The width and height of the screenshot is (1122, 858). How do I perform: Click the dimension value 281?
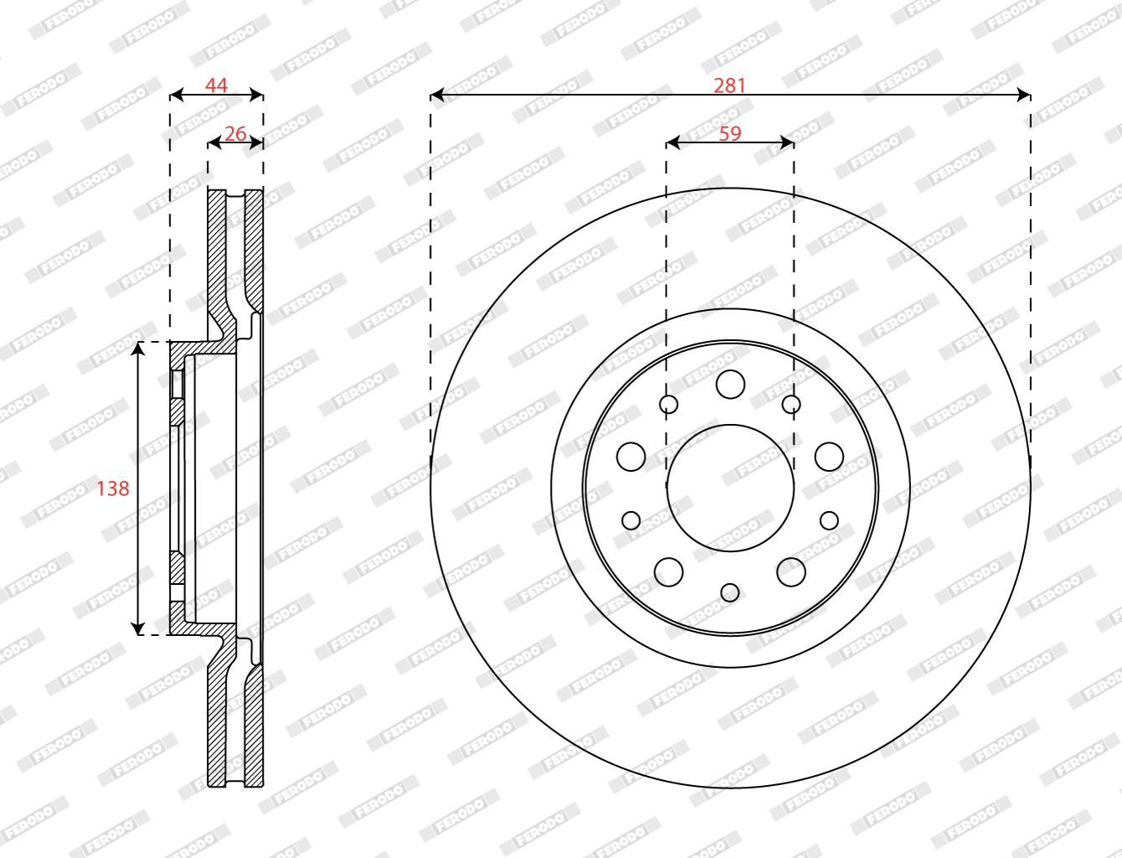click(729, 85)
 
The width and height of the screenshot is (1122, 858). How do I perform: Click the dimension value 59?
click(730, 133)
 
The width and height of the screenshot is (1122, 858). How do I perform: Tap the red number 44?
click(216, 85)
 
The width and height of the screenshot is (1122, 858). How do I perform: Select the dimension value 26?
click(235, 133)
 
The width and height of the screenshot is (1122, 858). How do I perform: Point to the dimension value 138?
click(113, 488)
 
